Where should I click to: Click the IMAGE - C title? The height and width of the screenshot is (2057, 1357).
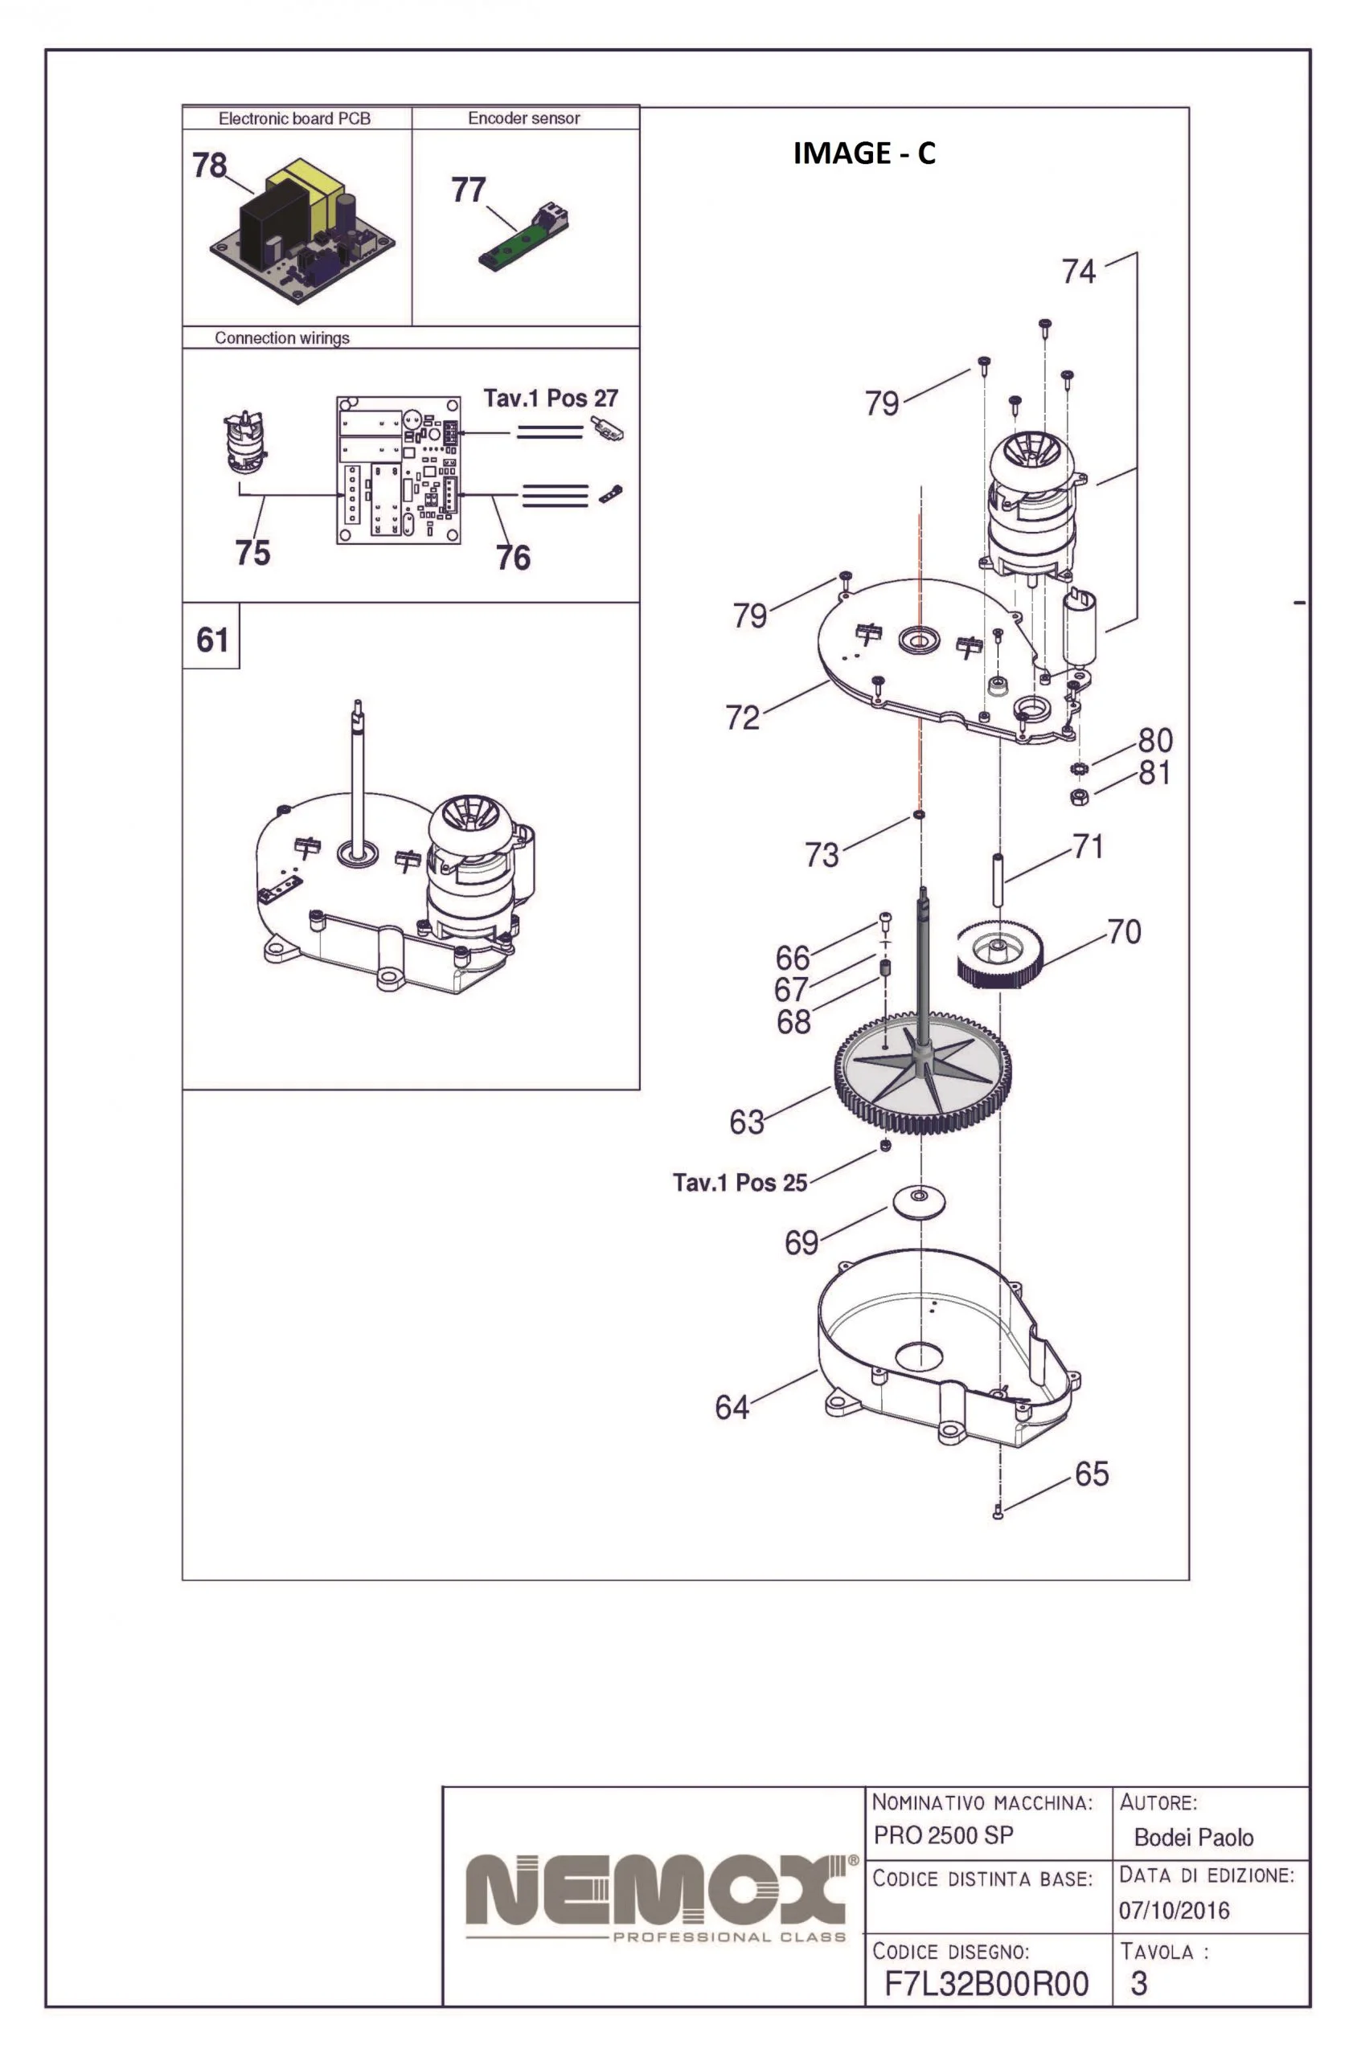point(863,153)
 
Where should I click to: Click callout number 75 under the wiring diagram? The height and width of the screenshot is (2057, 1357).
point(252,553)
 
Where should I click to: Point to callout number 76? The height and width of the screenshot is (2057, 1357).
point(513,558)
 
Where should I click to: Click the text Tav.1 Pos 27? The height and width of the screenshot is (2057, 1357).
point(551,399)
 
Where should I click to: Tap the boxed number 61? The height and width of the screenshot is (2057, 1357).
point(212,640)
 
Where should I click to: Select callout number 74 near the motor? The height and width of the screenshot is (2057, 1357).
point(1078,272)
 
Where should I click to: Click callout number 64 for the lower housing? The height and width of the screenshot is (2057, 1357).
point(732,1408)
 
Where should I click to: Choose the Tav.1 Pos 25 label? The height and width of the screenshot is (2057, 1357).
point(740,1183)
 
